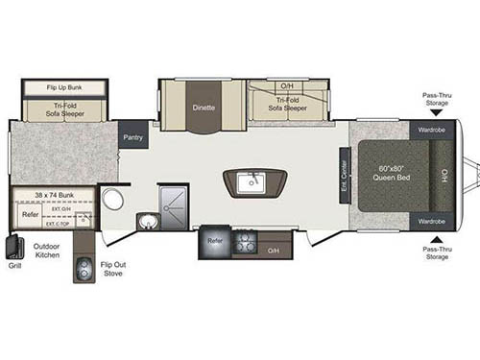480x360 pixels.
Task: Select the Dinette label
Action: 202,108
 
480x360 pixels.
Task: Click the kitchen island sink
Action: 253,180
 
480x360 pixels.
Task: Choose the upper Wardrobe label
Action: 429,129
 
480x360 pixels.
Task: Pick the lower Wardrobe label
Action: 429,222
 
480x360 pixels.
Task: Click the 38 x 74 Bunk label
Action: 54,195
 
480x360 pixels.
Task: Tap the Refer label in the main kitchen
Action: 215,241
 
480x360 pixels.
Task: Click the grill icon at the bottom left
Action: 15,248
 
